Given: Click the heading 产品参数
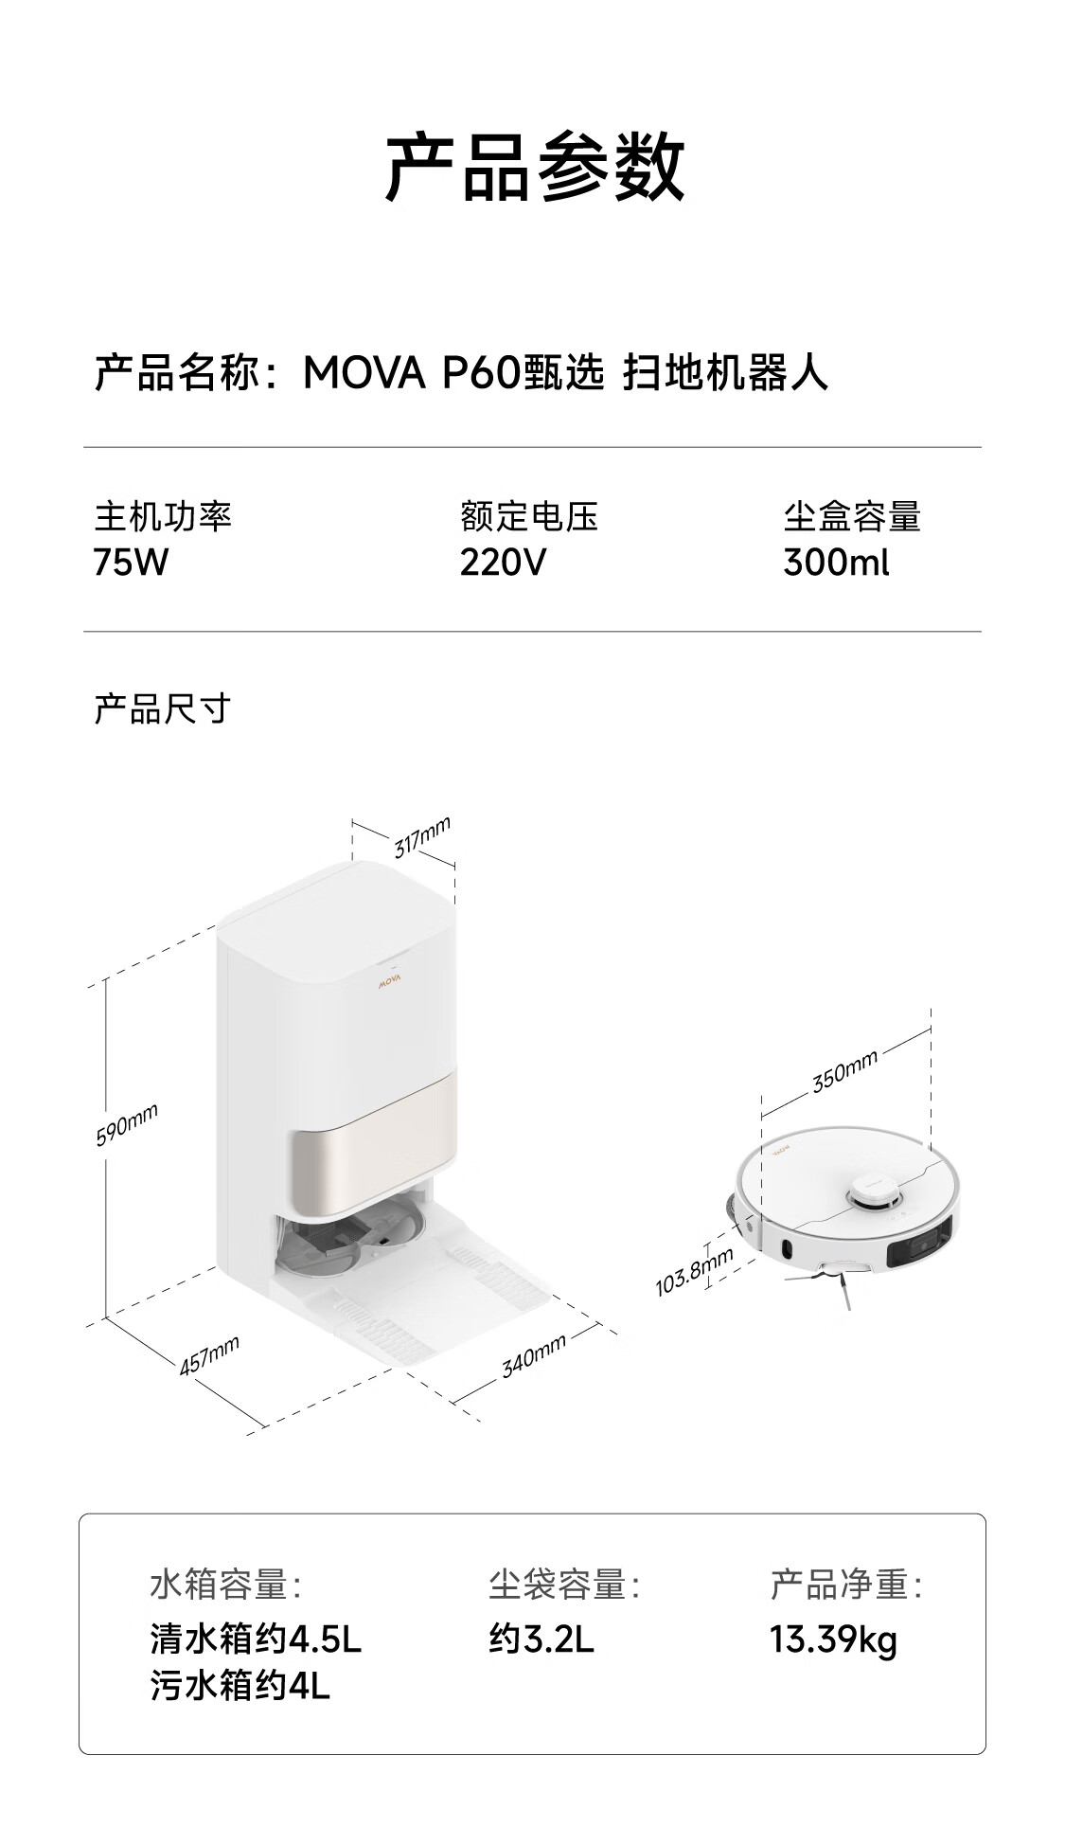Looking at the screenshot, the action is point(534,167).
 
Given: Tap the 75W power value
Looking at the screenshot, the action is point(131,563).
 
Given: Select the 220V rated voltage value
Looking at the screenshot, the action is point(503,563).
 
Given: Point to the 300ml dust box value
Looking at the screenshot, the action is point(836,563).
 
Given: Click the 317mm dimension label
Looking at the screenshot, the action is point(422,836).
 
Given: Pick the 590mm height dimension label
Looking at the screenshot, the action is point(127,1124).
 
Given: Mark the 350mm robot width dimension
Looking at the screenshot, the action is point(844,1071).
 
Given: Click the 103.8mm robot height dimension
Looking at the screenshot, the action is point(694,1271).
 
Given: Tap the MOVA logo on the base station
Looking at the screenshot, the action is point(390,981).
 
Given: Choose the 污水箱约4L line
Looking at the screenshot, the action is point(240,1686).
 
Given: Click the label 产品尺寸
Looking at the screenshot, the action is point(163,708).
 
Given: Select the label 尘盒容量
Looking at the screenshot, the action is point(852,517).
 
